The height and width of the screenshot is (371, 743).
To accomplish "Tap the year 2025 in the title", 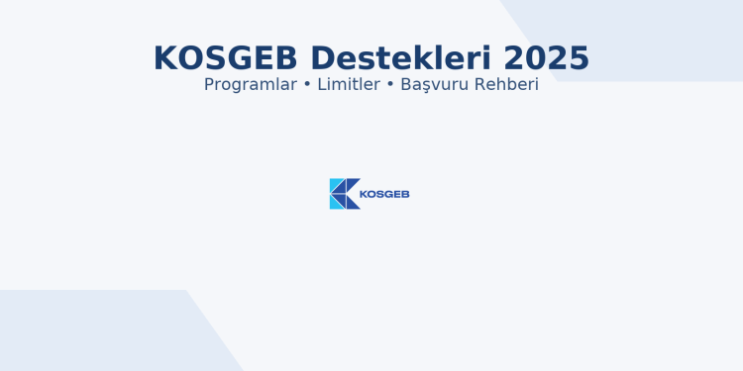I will [x=546, y=58].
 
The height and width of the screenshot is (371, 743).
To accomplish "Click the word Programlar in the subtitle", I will [x=251, y=85].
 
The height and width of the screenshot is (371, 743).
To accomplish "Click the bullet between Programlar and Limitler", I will [x=307, y=85].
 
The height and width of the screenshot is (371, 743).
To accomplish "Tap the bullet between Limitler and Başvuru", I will [x=390, y=85].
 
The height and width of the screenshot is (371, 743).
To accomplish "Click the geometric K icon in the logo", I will [x=344, y=194].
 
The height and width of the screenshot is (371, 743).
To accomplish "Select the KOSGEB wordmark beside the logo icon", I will [x=384, y=194].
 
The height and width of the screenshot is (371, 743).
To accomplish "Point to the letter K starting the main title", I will [x=165, y=58].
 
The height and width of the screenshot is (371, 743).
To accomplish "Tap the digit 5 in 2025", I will [x=579, y=58].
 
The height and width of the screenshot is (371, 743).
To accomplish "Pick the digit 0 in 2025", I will [x=535, y=58].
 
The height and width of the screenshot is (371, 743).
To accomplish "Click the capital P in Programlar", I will [x=209, y=85].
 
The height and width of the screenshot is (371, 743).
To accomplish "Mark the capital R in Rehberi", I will [x=479, y=85].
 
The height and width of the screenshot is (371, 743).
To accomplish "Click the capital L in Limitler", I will [x=321, y=85].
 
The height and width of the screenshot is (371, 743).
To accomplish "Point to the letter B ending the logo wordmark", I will [x=405, y=194].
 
